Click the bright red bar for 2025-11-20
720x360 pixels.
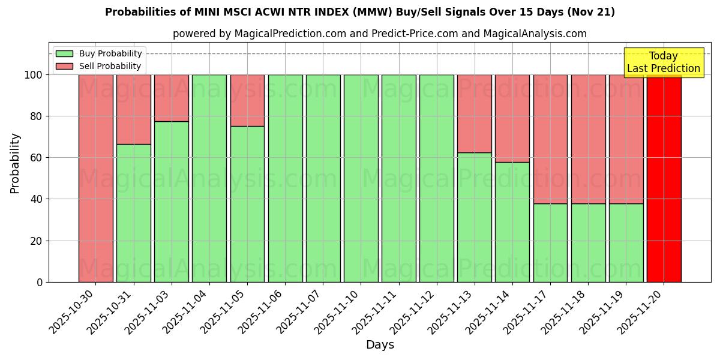(x=664, y=178)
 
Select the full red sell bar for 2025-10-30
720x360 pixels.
(x=95, y=178)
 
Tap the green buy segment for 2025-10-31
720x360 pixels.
(x=133, y=213)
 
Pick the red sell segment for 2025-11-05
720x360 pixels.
(x=247, y=100)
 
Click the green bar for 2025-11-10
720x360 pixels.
(x=361, y=178)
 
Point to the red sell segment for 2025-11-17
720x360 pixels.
(x=550, y=139)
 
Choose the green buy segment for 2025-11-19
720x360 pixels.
(x=626, y=242)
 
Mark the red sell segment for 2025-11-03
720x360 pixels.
(x=172, y=98)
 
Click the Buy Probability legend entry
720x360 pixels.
(x=99, y=53)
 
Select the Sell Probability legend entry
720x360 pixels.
(x=99, y=66)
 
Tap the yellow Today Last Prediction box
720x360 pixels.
(x=663, y=62)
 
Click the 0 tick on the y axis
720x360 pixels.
(x=40, y=282)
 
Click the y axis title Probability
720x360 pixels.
(x=15, y=163)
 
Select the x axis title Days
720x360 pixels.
(x=380, y=345)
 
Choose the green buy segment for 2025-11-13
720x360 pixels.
(x=474, y=217)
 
